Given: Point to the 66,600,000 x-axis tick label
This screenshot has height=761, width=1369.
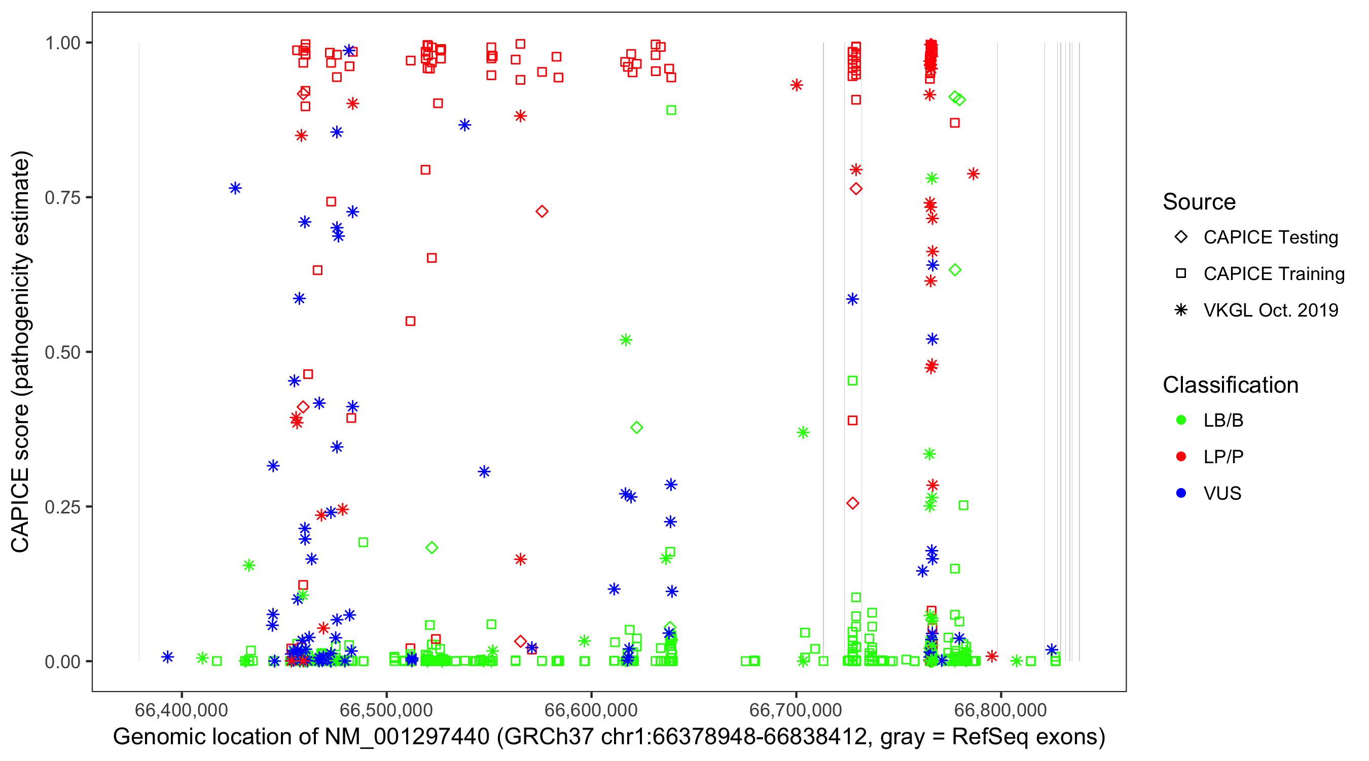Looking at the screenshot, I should point(591,710).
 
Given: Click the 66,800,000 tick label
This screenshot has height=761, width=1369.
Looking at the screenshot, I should point(1001,710).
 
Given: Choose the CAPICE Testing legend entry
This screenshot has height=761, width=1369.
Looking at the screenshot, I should point(1270,237).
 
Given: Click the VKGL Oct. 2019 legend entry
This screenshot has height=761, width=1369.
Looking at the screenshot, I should point(1270,310).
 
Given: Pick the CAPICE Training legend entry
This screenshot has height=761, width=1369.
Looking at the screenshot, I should point(1273,274).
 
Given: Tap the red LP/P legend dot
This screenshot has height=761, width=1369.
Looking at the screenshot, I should point(1181,457).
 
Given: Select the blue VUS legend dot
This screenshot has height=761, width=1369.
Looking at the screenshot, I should point(1181,494).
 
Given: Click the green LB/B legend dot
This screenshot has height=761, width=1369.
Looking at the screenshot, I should point(1181,420).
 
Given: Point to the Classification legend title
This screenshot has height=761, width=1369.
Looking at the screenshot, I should point(1230,385).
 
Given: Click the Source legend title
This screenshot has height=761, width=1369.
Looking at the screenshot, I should point(1199,202).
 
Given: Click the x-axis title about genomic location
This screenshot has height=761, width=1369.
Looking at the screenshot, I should point(609,737).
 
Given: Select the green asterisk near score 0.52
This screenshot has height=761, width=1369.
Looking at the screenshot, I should point(626,340).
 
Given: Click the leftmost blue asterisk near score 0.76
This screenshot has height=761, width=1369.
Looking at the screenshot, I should point(235,188).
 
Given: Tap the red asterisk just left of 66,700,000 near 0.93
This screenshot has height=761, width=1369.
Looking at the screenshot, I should point(796,85).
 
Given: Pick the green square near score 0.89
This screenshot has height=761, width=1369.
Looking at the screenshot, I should point(671,110).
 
